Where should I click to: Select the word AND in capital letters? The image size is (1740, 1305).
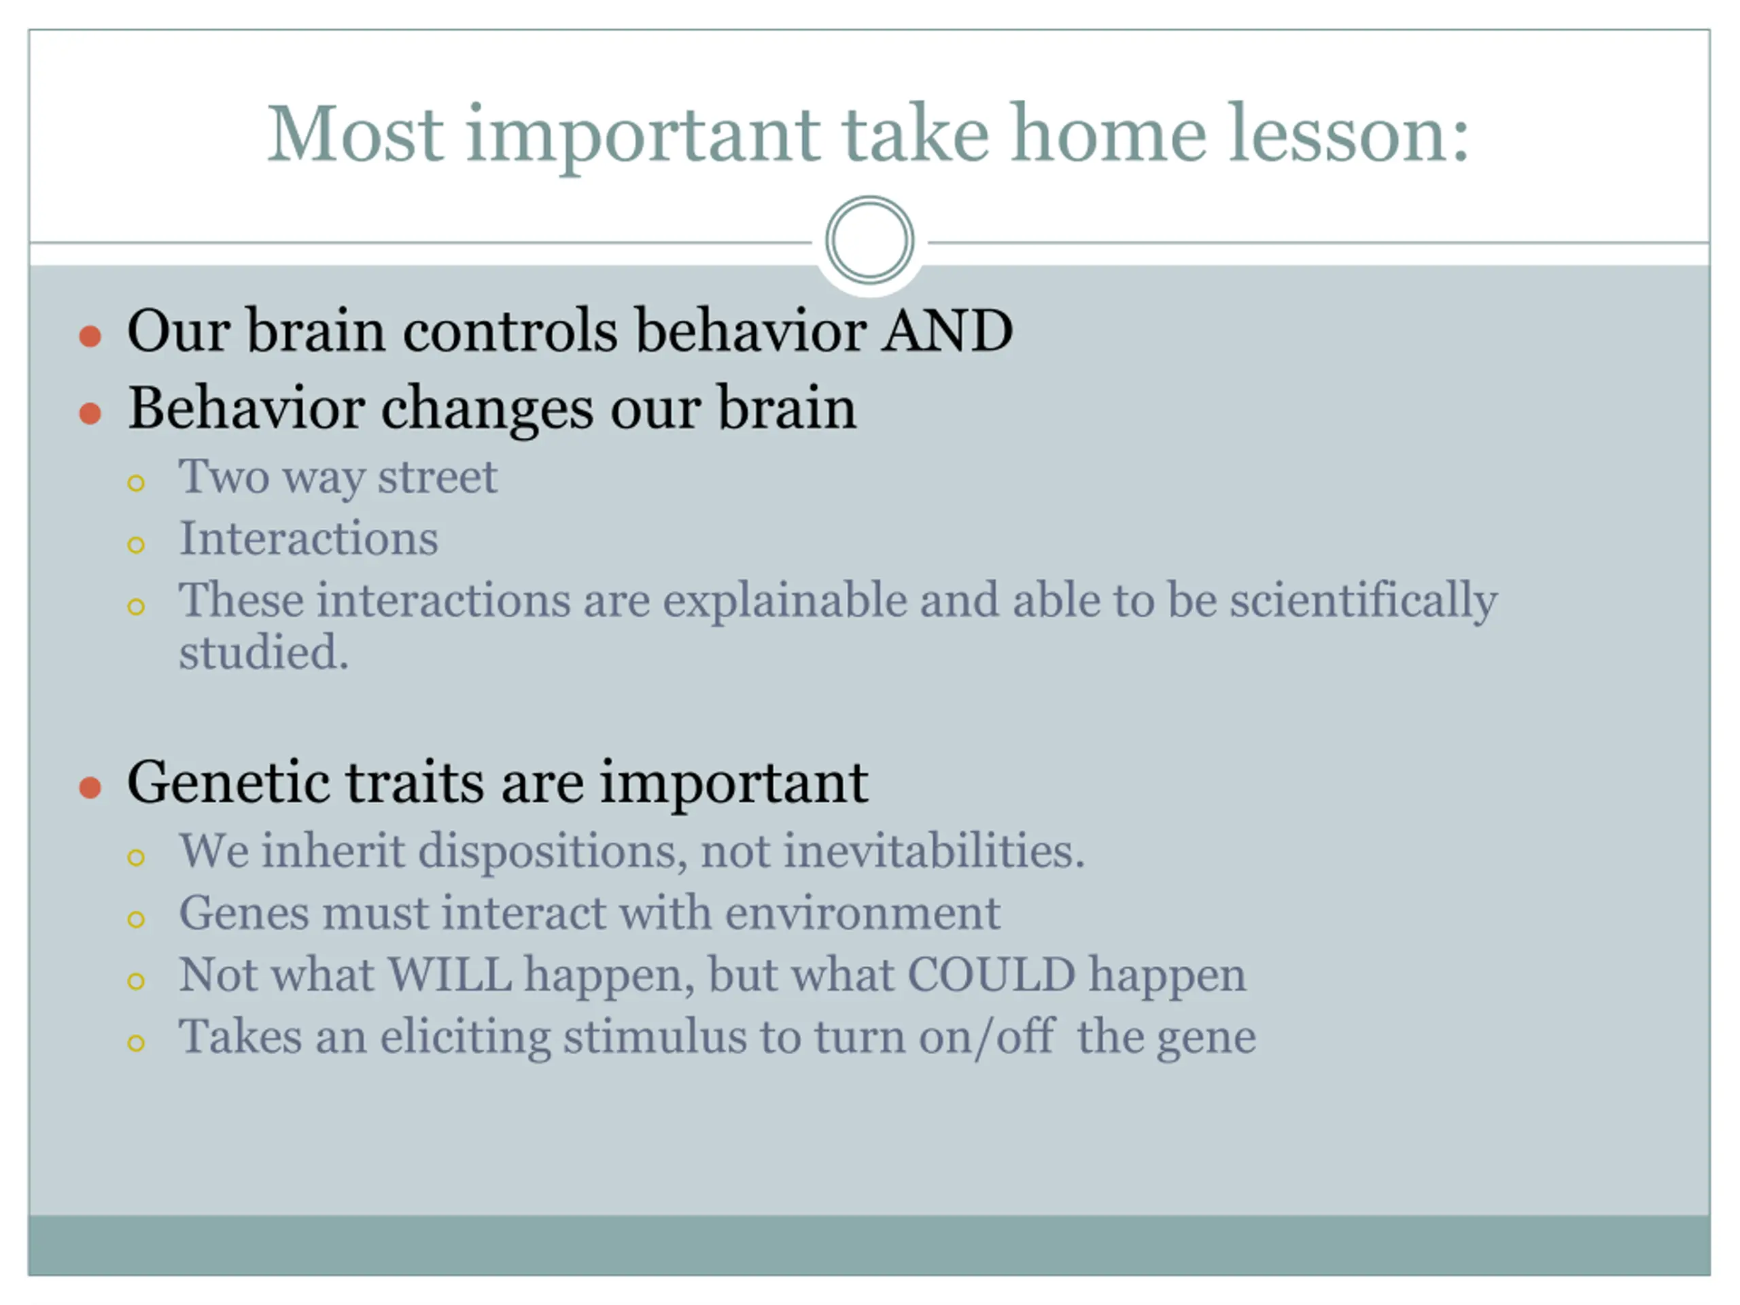tap(947, 330)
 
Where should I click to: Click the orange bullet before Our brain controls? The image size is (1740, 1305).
tap(90, 336)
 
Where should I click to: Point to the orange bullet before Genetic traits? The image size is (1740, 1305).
tap(90, 787)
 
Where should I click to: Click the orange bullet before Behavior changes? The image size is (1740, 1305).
tap(90, 413)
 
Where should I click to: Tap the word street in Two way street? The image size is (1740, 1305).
tap(437, 476)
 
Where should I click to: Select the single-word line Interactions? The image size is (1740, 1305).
tap(309, 539)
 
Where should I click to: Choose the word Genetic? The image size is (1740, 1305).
tap(227, 783)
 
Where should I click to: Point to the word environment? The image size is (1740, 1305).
tap(862, 914)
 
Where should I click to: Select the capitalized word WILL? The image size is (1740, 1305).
tap(450, 975)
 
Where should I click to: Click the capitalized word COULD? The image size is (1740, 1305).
tap(991, 975)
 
